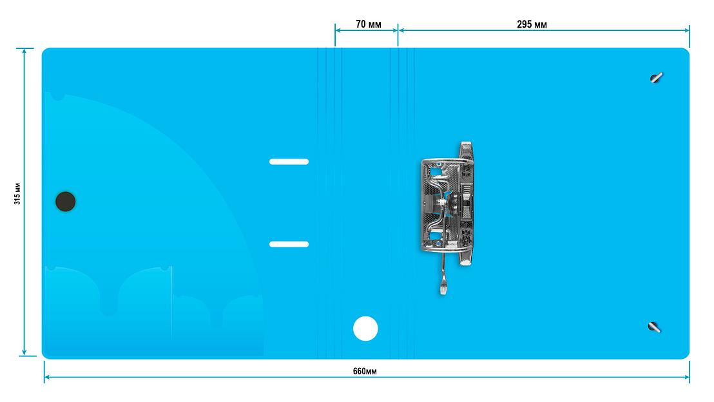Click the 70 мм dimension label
[369, 24]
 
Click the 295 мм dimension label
[532, 24]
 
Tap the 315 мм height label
[17, 194]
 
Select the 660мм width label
[365, 371]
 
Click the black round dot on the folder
[66, 202]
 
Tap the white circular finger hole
[365, 329]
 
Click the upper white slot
[289, 162]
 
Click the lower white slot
[289, 244]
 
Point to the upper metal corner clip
[656, 78]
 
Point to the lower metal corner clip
[654, 327]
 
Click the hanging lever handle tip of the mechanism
[443, 288]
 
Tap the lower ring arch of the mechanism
[445, 247]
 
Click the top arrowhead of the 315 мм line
[24, 51]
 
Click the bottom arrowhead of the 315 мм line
[24, 352]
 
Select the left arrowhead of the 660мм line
[47, 377]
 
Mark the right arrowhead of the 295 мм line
[686, 30]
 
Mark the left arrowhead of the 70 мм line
[338, 30]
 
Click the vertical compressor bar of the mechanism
[466, 203]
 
